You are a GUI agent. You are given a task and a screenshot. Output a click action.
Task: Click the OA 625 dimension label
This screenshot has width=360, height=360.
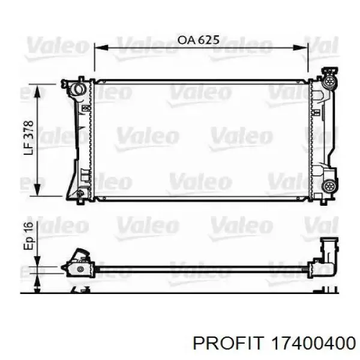tap(199, 40)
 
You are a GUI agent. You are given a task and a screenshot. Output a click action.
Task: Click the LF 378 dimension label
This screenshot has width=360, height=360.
tap(29, 137)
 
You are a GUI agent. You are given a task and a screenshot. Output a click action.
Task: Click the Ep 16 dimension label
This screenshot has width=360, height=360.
tap(29, 236)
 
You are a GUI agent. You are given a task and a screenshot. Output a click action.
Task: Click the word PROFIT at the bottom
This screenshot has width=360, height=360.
tap(227, 344)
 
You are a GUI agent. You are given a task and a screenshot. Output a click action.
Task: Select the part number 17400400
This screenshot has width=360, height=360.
tap(313, 344)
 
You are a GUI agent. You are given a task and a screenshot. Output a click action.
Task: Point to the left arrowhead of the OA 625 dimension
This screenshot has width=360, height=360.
tap(101, 47)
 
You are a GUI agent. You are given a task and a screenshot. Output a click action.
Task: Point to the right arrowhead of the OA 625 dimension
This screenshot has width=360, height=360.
tap(301, 47)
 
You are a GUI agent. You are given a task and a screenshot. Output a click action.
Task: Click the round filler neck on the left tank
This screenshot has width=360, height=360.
tap(77, 90)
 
